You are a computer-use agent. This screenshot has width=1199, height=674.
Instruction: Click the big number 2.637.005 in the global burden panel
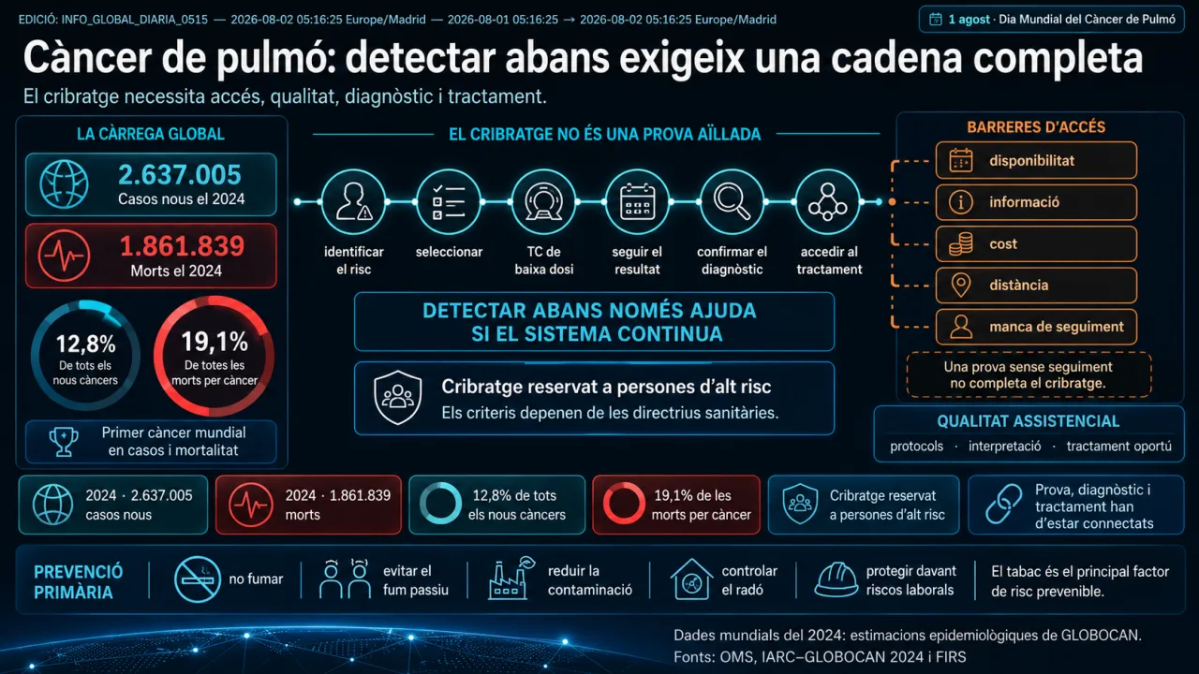(179, 175)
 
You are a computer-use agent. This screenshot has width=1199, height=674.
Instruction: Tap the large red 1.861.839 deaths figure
(182, 246)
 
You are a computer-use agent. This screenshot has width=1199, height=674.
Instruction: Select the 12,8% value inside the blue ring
(85, 344)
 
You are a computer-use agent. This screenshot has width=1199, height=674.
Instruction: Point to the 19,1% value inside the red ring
(215, 342)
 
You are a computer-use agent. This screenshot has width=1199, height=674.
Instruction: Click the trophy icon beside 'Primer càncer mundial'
(64, 441)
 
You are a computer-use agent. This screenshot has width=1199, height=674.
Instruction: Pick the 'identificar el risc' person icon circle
(353, 201)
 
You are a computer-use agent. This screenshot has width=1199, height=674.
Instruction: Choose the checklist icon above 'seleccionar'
(449, 201)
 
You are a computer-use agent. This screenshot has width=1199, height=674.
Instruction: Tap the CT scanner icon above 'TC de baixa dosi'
(543, 201)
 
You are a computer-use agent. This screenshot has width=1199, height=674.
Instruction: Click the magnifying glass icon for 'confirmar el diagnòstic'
(733, 201)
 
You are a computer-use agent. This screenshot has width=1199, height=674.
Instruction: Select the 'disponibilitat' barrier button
(1036, 160)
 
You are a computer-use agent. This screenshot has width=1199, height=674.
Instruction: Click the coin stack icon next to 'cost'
(961, 244)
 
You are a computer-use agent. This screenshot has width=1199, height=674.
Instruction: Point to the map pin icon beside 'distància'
(961, 286)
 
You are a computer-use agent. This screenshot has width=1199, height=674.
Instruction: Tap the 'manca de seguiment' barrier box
(1036, 327)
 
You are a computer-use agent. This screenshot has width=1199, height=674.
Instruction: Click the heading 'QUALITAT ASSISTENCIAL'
(1028, 421)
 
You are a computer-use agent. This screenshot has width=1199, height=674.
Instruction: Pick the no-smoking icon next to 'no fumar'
(198, 579)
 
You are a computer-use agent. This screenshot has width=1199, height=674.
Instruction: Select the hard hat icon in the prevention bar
(836, 579)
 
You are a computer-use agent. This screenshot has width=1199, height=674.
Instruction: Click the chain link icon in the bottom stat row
(1003, 504)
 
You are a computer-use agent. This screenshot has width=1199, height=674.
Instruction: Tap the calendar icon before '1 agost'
(935, 20)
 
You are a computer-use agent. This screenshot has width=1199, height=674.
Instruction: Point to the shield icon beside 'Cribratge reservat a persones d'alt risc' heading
(398, 397)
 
